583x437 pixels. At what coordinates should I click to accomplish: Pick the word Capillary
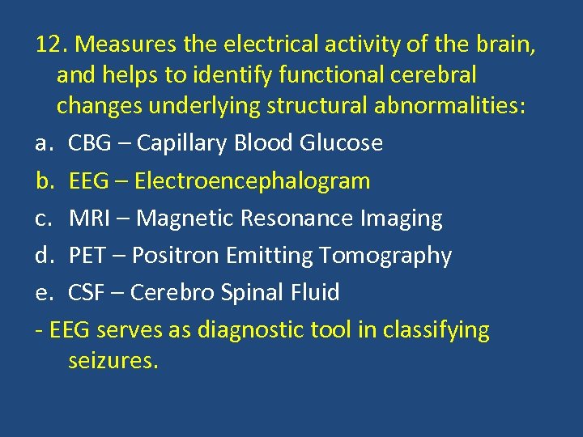tap(182, 143)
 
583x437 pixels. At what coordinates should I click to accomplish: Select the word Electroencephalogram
tap(252, 180)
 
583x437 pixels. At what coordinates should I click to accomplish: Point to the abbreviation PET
tap(87, 255)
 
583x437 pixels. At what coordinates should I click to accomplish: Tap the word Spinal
tap(242, 293)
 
